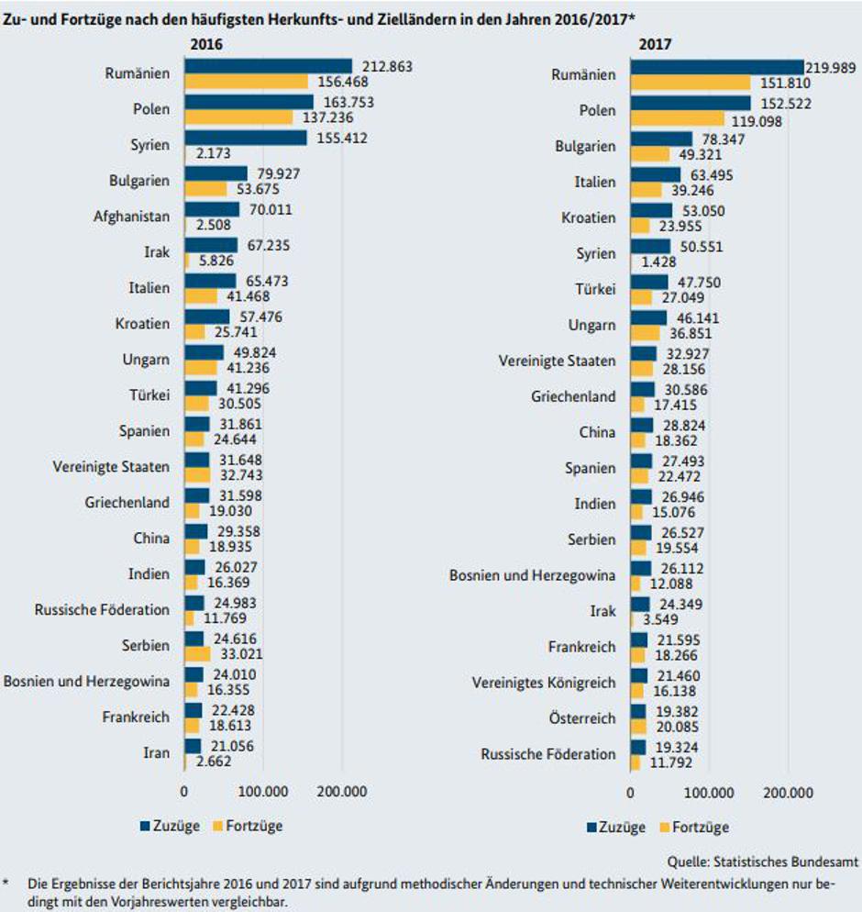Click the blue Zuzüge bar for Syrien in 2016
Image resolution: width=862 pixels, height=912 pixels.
tap(246, 138)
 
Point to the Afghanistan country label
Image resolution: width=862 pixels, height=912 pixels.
tap(131, 217)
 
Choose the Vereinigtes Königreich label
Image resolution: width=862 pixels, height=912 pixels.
tap(544, 683)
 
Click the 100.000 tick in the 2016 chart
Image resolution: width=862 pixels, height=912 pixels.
tap(263, 791)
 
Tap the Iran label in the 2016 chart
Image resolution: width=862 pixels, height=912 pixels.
tap(156, 753)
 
